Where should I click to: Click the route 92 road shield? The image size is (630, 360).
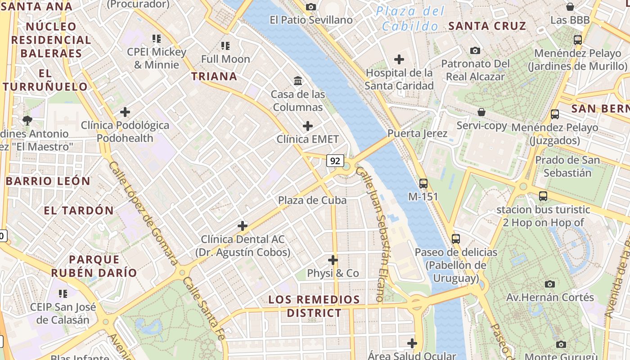335,161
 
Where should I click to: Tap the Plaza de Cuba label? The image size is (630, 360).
312,200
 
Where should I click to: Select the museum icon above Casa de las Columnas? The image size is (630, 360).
298,81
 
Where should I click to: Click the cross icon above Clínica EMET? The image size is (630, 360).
308,126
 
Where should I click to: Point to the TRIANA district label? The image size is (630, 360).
214,76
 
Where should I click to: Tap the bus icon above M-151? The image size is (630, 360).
423,184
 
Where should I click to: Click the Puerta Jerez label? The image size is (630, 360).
417,134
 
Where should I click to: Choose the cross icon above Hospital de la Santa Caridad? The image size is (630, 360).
399,59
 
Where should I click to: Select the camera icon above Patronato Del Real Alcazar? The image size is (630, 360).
475,50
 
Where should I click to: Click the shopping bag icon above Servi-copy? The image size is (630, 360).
481,112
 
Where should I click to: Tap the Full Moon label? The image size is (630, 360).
225,59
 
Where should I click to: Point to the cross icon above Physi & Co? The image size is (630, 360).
333,260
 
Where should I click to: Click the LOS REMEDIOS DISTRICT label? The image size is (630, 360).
314,306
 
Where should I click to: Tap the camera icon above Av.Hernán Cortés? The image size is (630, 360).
549,284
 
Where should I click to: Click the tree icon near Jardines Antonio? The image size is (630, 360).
27,120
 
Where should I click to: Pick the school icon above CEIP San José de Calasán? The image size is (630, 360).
63,294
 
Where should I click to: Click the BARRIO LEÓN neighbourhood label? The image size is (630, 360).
48,181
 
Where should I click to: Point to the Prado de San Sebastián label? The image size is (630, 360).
567,166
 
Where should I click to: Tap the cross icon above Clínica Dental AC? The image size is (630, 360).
243,226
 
